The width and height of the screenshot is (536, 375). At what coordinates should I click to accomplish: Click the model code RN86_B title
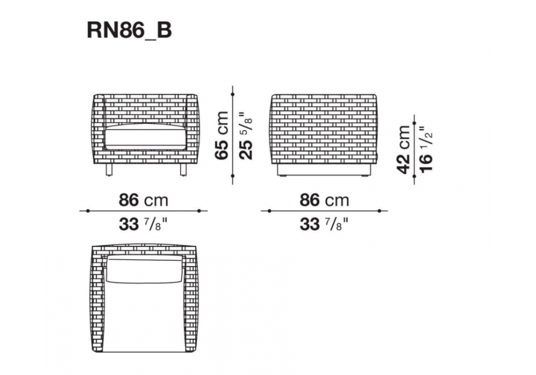[129, 31]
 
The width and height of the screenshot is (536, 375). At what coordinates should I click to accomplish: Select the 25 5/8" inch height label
[246, 135]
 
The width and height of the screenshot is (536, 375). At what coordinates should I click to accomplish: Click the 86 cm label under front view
[143, 200]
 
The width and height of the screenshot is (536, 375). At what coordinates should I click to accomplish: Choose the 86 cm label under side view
[324, 200]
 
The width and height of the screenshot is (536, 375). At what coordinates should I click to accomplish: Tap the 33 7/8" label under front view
[143, 224]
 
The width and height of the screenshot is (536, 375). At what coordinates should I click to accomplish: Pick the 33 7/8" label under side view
[324, 224]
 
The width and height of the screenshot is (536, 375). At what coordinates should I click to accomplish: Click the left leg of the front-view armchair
[109, 169]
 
